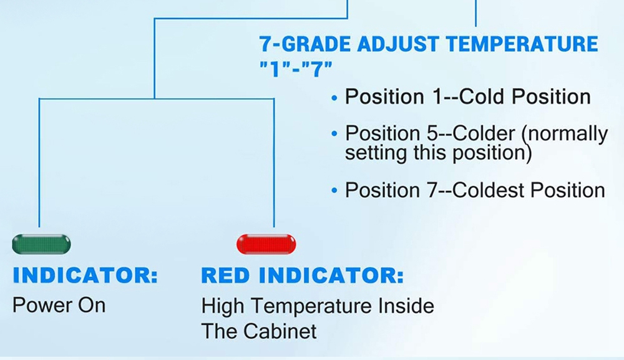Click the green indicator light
pyautogui.click(x=41, y=244)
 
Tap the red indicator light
pyautogui.click(x=266, y=244)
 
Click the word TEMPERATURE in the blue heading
pyautogui.click(x=522, y=44)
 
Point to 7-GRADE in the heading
pyautogui.click(x=305, y=44)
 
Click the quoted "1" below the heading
pyautogui.click(x=275, y=69)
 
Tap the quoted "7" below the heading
pyautogui.click(x=316, y=69)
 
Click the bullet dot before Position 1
pyautogui.click(x=334, y=97)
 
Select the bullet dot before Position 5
pyautogui.click(x=334, y=134)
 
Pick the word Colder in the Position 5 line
pyautogui.click(x=484, y=134)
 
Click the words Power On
pyautogui.click(x=59, y=306)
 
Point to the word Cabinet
pyautogui.click(x=280, y=331)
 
